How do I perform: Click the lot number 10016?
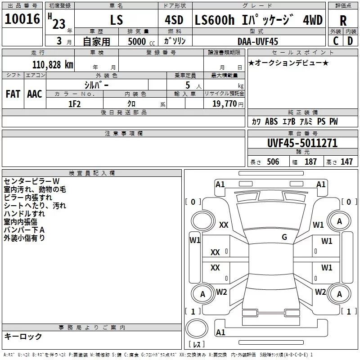click(x=22, y=20)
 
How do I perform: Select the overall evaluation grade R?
click(x=343, y=20)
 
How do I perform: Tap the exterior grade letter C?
click(x=335, y=41)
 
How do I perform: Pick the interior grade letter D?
click(x=350, y=41)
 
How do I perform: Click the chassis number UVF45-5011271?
click(x=302, y=144)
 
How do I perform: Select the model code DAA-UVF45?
click(x=258, y=41)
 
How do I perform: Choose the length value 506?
click(x=272, y=162)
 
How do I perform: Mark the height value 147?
click(x=346, y=162)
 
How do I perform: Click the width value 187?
click(x=310, y=162)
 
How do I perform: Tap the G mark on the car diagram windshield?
click(x=284, y=237)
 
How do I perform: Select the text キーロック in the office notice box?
click(x=23, y=336)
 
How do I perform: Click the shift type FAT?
click(x=13, y=94)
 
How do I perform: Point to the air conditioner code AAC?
click(x=35, y=94)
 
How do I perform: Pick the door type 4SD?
click(x=174, y=20)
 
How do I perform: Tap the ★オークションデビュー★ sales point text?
click(x=288, y=63)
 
